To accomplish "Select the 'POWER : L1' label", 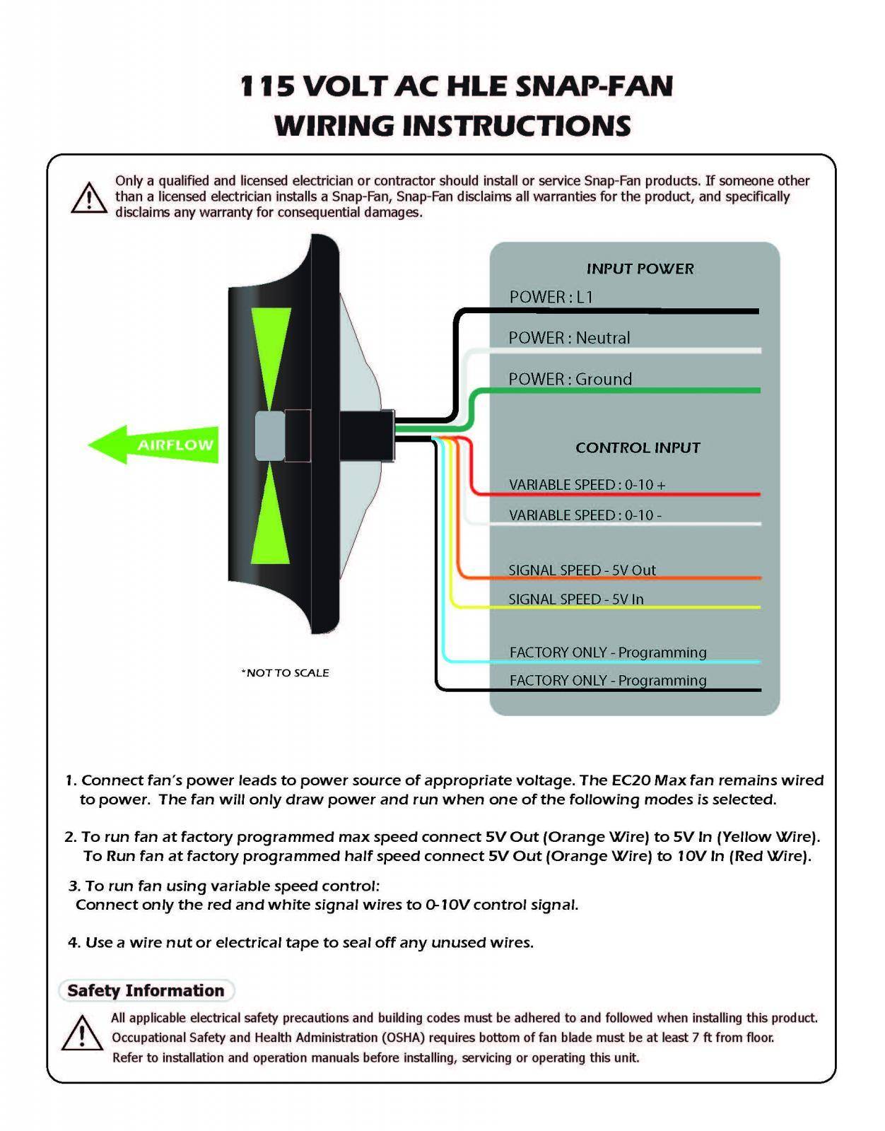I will (x=551, y=297).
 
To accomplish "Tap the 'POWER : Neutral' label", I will (x=569, y=338).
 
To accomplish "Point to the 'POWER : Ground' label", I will (x=570, y=379).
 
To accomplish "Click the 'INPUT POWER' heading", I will (x=640, y=269).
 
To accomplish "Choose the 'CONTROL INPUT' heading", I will (x=638, y=447).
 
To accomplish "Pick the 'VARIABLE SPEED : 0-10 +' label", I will (x=587, y=485).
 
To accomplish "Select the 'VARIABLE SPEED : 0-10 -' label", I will (x=585, y=515).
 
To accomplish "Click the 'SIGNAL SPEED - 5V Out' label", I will (x=582, y=570).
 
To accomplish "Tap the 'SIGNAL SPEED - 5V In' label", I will (x=575, y=599).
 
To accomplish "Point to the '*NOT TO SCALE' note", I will (x=285, y=673).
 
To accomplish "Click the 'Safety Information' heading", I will (x=146, y=990).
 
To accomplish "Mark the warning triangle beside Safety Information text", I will (x=82, y=1033).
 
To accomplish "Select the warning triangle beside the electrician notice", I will (x=89, y=198).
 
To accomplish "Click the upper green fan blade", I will (x=271, y=353).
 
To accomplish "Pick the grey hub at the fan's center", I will (x=269, y=435).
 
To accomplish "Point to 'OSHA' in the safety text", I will (x=403, y=1038).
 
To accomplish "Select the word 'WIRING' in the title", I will (x=334, y=126).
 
